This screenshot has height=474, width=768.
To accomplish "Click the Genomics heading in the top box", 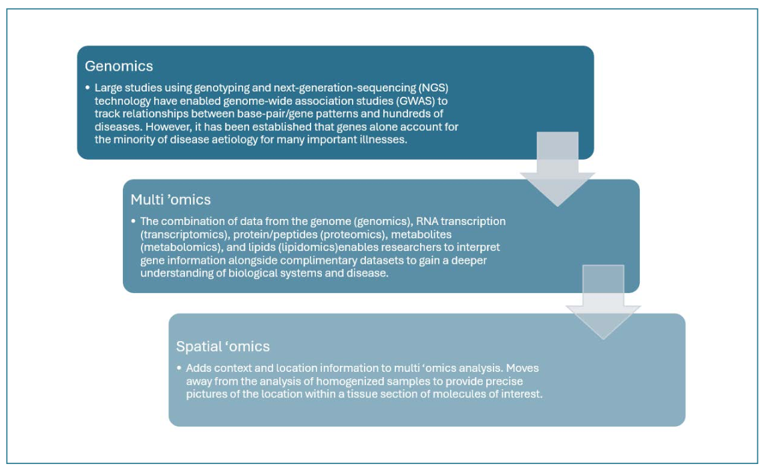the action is click(x=119, y=66).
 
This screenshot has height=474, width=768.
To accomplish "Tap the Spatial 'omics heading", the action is click(x=222, y=346).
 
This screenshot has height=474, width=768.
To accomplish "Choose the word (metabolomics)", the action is click(x=182, y=247).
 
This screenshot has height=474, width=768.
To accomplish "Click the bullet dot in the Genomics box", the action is click(x=87, y=88).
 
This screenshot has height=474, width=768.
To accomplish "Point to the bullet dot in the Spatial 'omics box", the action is click(x=179, y=368).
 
